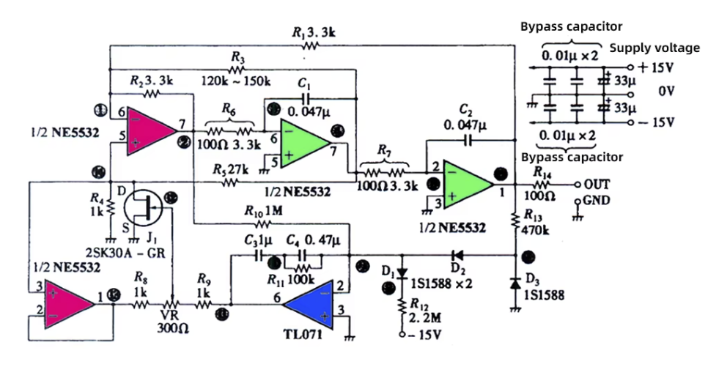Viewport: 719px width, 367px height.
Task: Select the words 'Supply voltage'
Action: click(655, 48)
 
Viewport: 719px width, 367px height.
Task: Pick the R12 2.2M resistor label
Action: click(424, 311)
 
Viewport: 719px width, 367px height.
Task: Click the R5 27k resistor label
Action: click(234, 169)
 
